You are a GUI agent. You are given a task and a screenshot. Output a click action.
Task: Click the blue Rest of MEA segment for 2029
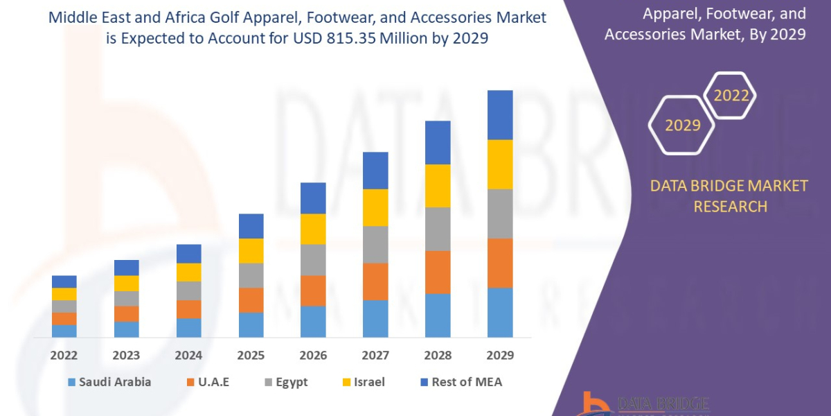[x=500, y=115]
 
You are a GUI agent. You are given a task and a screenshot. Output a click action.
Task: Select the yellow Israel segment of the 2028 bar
[x=438, y=186]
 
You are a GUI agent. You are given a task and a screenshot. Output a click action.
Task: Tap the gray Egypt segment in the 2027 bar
[x=375, y=245]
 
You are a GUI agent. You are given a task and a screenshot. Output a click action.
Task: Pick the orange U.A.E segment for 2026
[x=313, y=291]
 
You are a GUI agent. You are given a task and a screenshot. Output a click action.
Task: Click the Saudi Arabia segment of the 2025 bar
[x=251, y=324]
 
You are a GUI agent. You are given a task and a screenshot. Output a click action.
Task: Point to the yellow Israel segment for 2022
[x=64, y=294]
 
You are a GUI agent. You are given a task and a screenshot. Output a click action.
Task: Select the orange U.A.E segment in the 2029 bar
[x=500, y=263]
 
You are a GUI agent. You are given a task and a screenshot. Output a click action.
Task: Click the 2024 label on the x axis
[x=188, y=356]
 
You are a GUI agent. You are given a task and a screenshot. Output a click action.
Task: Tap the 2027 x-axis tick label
[x=375, y=356]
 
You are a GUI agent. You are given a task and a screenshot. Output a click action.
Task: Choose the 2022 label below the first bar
[x=64, y=356]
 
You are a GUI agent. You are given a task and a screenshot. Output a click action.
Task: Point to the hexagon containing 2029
[x=683, y=125]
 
